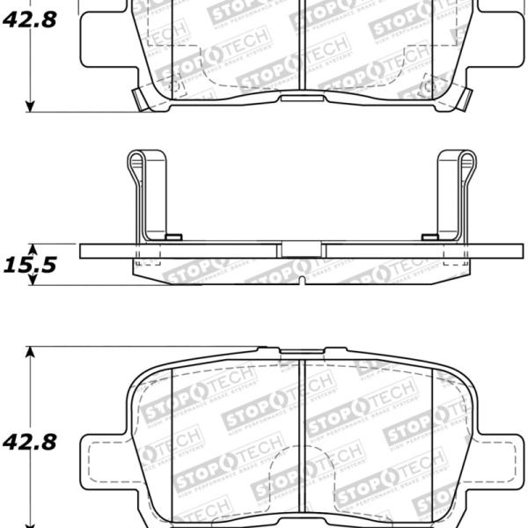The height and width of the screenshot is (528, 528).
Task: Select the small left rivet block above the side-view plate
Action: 173,237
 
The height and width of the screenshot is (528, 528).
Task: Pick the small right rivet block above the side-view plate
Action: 430,237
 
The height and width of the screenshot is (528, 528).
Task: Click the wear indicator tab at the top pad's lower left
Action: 139,99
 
